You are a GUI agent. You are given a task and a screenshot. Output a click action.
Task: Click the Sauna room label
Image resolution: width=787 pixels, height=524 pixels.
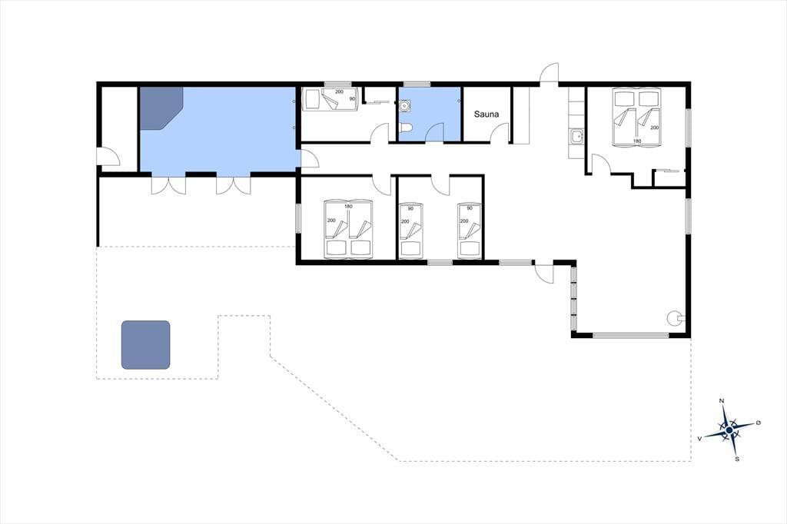coord(486,114)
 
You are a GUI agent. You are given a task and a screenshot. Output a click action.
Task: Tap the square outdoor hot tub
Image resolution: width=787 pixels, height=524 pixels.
coord(145,345)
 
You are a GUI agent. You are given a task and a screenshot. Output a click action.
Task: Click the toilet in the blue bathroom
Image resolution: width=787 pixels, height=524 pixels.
coord(406,128)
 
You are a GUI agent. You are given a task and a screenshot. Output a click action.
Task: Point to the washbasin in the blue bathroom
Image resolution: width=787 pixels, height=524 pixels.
coord(405,106)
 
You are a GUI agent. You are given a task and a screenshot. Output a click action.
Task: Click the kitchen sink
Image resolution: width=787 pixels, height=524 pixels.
coord(576,135)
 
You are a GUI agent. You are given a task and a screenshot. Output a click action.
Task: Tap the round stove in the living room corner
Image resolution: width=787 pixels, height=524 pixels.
coord(674,317)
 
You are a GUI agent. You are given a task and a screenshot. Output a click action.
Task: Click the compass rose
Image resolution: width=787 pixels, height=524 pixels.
coord(729,429)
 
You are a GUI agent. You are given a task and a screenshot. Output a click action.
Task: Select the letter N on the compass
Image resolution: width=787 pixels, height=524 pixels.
coord(722,401)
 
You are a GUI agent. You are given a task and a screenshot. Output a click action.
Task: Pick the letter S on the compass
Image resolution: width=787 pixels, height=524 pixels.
coord(737,459)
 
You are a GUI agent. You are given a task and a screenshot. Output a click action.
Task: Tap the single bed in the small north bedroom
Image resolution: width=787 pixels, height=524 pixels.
coord(330,99)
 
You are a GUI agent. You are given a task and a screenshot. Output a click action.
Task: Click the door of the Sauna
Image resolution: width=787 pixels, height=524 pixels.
coord(500,133)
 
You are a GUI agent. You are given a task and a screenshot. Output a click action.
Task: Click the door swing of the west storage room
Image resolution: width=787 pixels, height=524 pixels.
coord(108,156)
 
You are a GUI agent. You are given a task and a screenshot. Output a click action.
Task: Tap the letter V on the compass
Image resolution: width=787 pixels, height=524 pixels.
coord(699,439)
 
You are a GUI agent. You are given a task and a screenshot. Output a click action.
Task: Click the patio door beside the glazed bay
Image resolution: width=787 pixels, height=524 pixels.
coord(545,273)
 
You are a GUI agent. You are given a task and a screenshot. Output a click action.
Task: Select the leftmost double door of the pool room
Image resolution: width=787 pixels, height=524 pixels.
coord(168,184)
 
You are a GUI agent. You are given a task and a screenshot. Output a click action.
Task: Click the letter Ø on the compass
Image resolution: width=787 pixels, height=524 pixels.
coord(759,423)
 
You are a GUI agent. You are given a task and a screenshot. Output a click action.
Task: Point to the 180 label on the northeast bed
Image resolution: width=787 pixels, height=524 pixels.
coord(637,141)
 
